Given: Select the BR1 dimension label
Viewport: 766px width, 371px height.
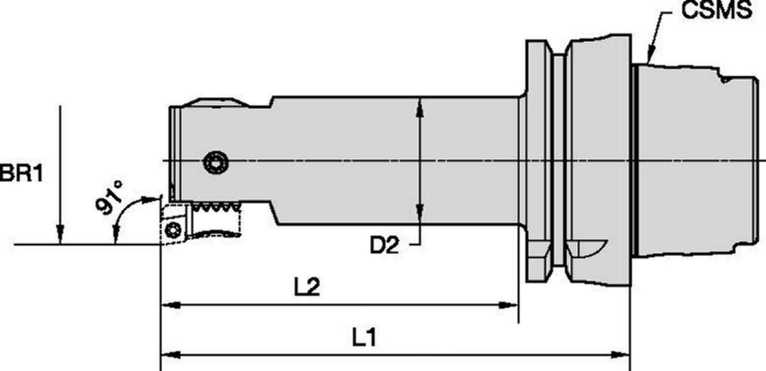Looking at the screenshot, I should tap(22, 174).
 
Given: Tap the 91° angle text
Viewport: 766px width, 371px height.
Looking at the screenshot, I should tap(110, 197).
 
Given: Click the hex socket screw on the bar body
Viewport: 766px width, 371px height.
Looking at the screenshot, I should tap(215, 163).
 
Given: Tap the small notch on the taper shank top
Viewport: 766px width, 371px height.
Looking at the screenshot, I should tap(724, 80).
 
